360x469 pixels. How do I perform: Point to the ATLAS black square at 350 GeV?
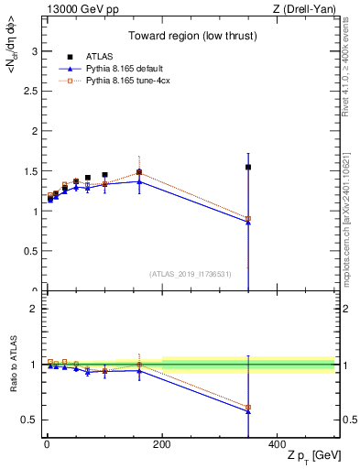[x=248, y=167]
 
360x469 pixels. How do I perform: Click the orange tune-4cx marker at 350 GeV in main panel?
[x=248, y=219]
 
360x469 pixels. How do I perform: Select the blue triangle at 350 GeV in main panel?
[x=248, y=223]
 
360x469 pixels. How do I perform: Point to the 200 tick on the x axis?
[x=162, y=444]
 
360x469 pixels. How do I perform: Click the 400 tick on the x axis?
[x=277, y=444]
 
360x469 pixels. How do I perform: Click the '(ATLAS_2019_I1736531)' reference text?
[x=191, y=273]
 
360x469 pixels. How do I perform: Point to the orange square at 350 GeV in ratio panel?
[x=248, y=407]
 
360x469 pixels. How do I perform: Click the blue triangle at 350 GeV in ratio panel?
[x=248, y=411]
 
